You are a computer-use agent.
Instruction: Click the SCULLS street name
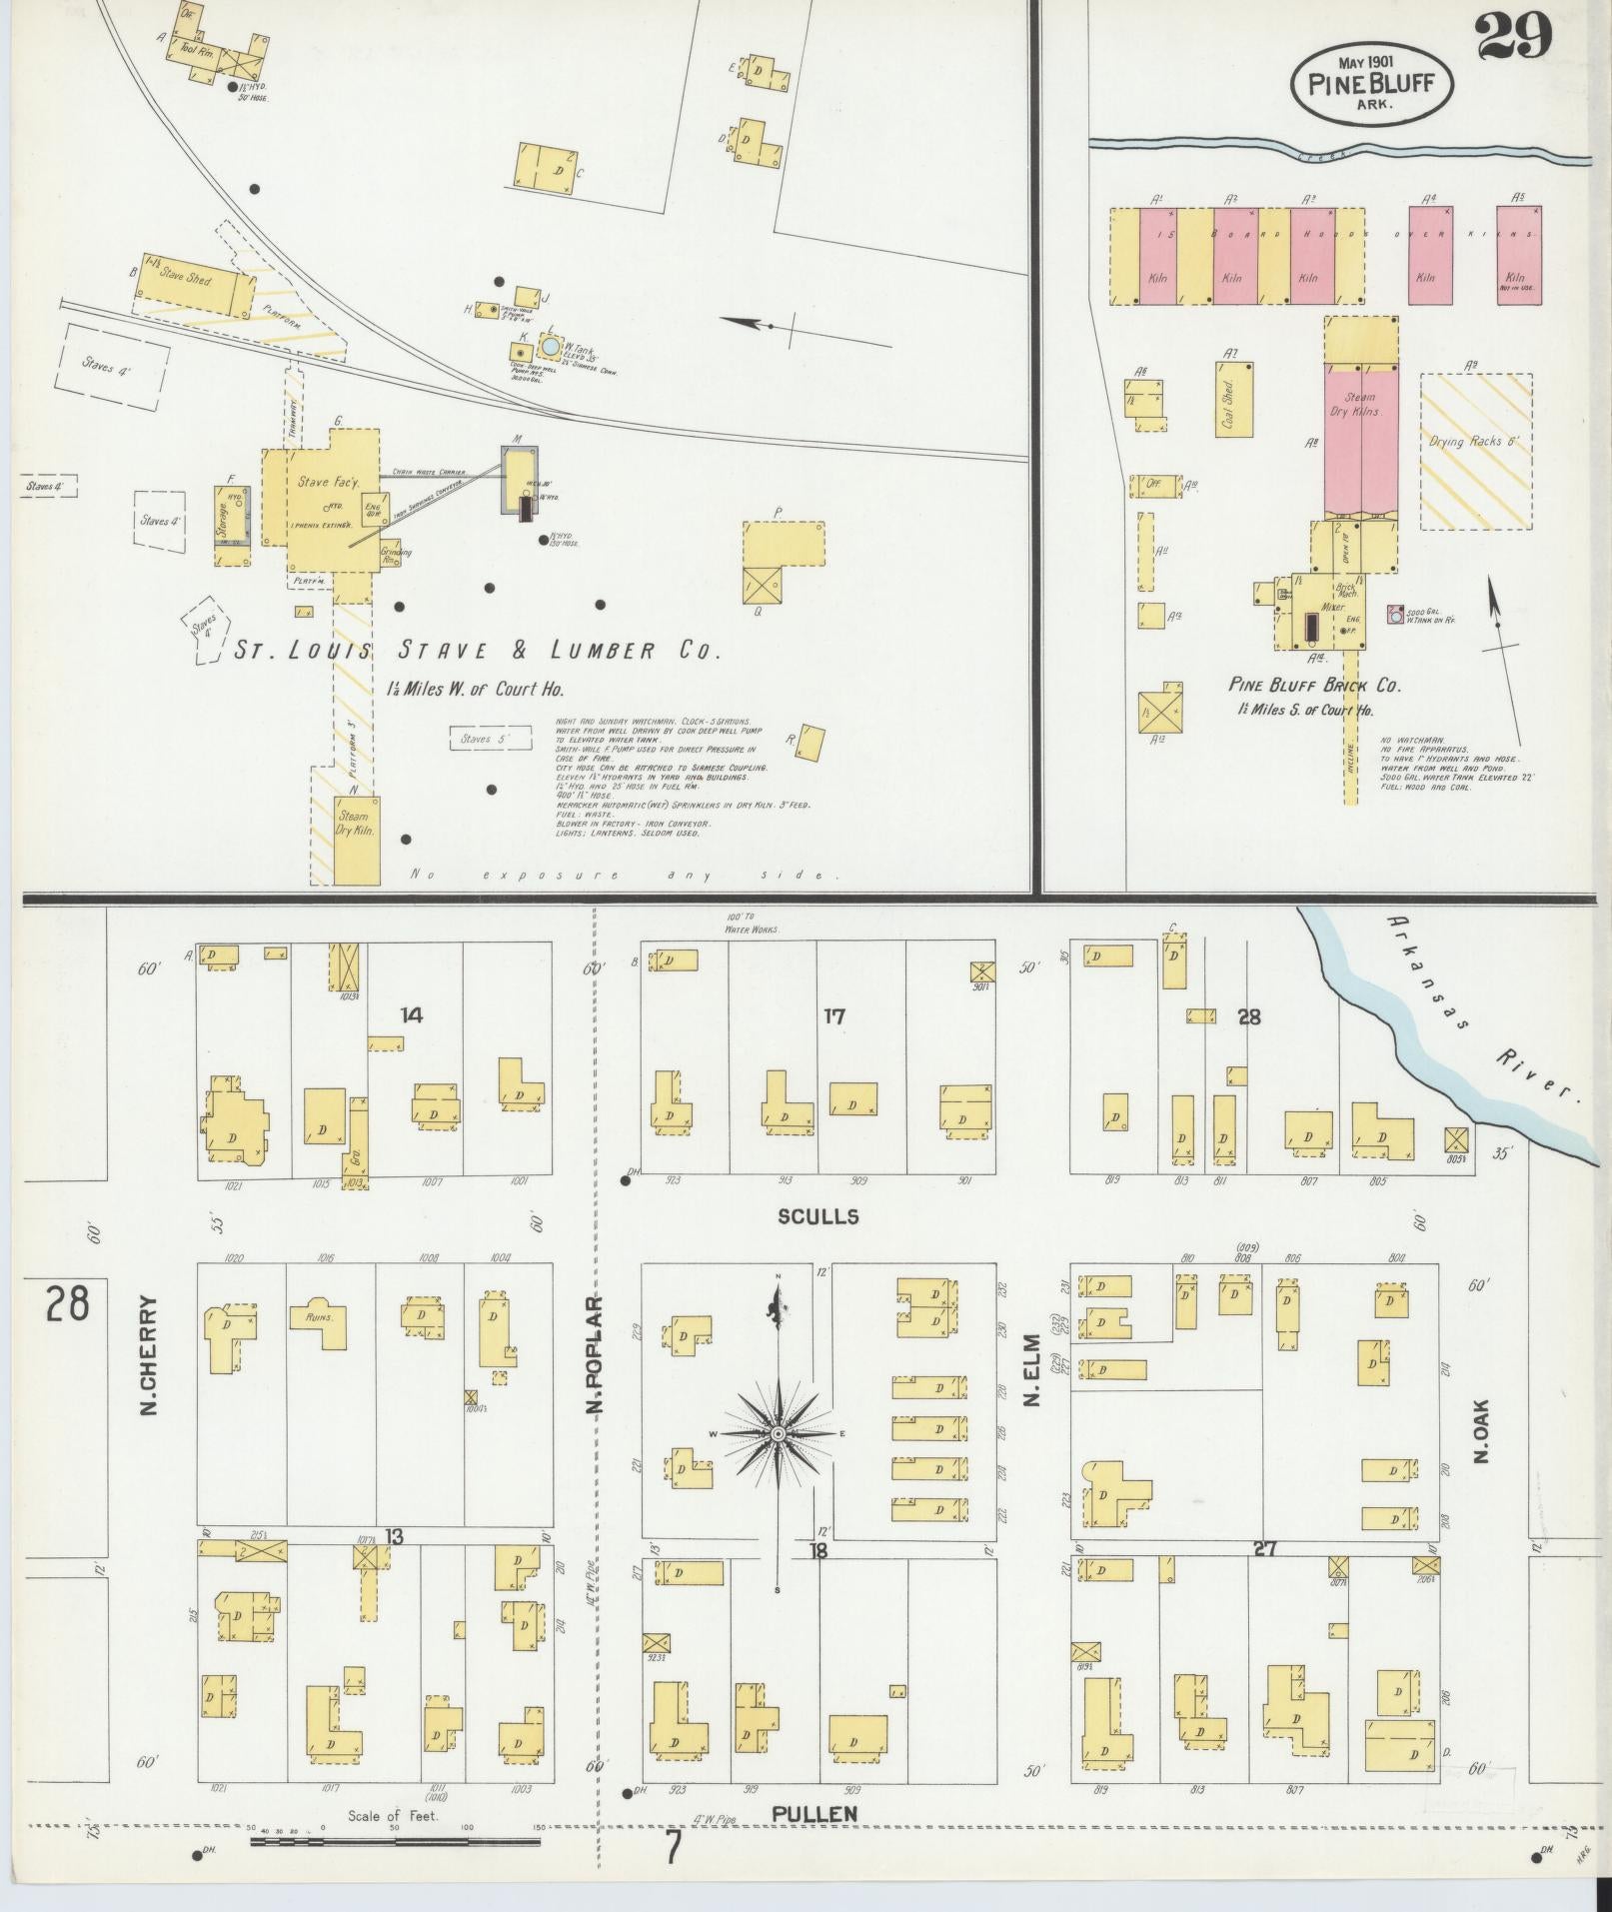[x=819, y=1216]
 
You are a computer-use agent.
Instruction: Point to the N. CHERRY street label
[x=150, y=1355]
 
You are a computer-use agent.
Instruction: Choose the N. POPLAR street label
[x=596, y=1355]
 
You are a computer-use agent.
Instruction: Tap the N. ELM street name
[x=1032, y=1370]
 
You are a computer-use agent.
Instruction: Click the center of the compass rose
[x=778, y=1434]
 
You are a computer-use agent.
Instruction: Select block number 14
[x=411, y=1015]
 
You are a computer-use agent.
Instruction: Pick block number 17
[x=833, y=1016]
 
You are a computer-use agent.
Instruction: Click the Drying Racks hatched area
[x=1476, y=451]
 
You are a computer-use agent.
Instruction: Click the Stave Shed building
[x=193, y=284]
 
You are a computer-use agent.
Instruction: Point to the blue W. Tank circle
[x=550, y=346]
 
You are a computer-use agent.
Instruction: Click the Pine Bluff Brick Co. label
[x=1314, y=686]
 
